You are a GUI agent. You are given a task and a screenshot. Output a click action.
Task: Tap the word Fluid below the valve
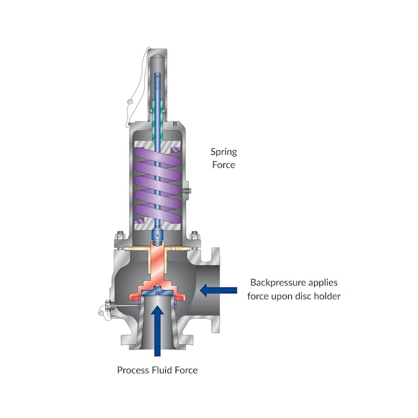162,370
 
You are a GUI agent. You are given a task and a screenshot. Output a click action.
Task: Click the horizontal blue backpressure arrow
218,289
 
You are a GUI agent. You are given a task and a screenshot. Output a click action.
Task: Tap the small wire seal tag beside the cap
130,102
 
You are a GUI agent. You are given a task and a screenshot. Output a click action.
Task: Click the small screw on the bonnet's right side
187,191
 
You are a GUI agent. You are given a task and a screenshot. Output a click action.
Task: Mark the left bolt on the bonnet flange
120,236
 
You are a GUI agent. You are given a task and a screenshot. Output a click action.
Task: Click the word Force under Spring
223,165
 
